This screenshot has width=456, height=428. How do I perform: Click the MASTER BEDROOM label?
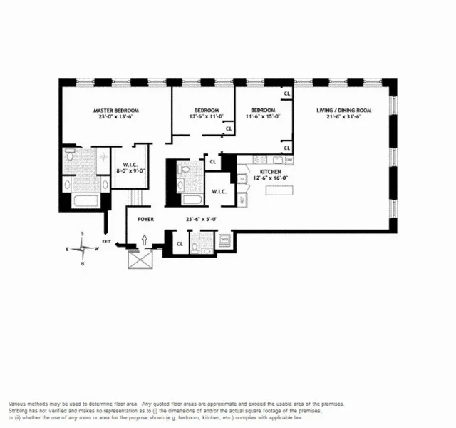pyautogui.click(x=116, y=111)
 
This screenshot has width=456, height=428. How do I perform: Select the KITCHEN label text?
pyautogui.click(x=269, y=172)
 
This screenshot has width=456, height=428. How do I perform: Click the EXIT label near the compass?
pyautogui.click(x=107, y=242)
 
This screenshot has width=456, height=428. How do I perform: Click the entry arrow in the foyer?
pyautogui.click(x=145, y=240)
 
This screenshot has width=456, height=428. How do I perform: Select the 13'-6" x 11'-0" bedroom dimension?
pyautogui.click(x=206, y=116)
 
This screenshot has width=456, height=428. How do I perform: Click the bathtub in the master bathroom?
pyautogui.click(x=78, y=185)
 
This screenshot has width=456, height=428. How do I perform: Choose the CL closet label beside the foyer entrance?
pyautogui.click(x=179, y=243)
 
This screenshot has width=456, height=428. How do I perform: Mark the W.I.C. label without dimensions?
pyautogui.click(x=217, y=192)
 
